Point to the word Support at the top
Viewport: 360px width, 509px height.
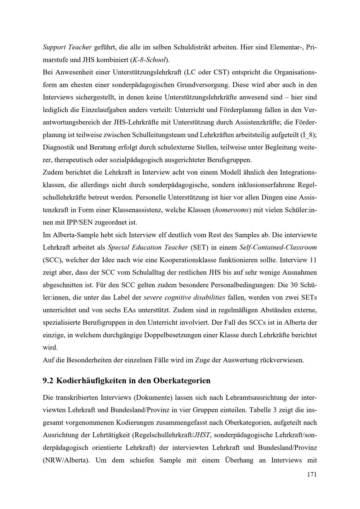tap(54, 47)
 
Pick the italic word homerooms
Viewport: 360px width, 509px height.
tap(232, 210)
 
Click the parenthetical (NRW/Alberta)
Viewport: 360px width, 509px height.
tap(66, 460)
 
